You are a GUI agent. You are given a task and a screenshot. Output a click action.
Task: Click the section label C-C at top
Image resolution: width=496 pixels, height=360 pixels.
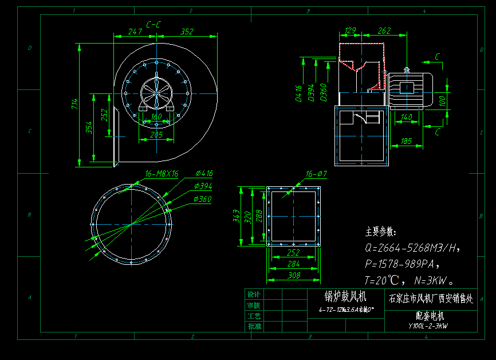click(153, 25)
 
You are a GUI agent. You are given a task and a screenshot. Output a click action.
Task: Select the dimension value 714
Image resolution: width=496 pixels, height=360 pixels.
click(74, 104)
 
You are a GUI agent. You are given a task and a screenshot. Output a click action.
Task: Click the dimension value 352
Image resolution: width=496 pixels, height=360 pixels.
click(187, 32)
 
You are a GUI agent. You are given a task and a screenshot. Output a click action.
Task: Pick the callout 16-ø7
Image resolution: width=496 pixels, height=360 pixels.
click(316, 174)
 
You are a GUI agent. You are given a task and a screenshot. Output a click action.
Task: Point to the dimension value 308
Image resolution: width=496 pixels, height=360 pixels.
click(293, 276)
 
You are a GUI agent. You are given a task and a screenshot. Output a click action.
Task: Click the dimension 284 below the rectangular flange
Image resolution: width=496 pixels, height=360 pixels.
click(293, 264)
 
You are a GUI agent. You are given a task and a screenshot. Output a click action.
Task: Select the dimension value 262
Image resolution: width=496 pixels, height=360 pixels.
click(384, 31)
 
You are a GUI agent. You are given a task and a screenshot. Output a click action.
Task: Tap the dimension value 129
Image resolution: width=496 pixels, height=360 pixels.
click(351, 31)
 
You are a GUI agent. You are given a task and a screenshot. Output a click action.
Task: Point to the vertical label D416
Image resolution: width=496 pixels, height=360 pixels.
click(298, 93)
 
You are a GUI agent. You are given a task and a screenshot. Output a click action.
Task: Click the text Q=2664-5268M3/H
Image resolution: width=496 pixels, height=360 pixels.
click(412, 248)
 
